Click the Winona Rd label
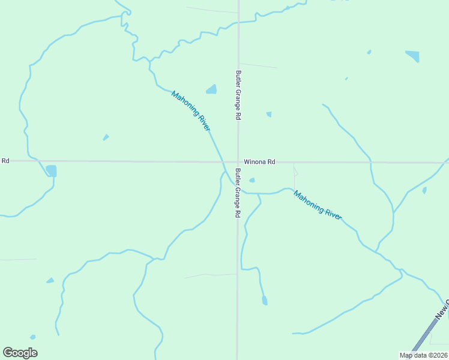[259, 162]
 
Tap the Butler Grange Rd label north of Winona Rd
[238, 95]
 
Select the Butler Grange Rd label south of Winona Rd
[238, 193]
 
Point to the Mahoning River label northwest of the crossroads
[191, 111]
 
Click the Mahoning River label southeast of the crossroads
[318, 205]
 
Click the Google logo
[20, 353]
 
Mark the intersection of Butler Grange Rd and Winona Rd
[238, 161]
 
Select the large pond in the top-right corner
[412, 56]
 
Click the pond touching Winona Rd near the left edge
[51, 171]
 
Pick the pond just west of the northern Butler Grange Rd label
[211, 89]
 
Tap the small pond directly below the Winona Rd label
[252, 180]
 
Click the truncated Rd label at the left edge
[5, 161]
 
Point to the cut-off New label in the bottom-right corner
[442, 311]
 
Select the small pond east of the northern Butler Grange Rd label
[269, 114]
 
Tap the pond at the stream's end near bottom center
[265, 301]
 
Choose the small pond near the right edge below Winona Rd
[424, 190]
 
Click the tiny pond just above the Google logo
[32, 337]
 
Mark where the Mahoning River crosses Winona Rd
[223, 161]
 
